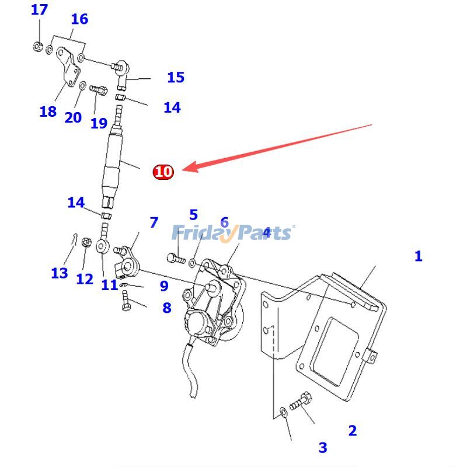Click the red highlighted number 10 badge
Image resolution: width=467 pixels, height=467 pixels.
coord(163,172)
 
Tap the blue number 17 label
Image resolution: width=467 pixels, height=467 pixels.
coord(39,10)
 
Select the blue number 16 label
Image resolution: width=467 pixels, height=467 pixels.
coord(79,19)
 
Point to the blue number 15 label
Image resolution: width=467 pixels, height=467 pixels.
coord(175,77)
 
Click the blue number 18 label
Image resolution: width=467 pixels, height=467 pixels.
coord(48,111)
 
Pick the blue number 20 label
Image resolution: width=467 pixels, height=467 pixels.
coord(73,117)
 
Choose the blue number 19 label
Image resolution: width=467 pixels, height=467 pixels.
coord(99,123)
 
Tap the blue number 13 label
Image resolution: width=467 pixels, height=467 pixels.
coord(59,273)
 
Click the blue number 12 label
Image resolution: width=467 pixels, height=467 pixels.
coord(85,279)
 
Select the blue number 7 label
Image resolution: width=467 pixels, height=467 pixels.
coord(154,222)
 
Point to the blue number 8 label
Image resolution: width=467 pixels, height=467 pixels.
coord(167,308)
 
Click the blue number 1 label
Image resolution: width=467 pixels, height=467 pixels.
coord(418,256)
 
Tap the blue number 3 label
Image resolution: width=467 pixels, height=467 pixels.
coord(323,448)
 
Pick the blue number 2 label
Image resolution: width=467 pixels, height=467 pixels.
coord(352,431)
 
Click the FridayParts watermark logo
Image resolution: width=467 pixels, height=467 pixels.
coord(233,233)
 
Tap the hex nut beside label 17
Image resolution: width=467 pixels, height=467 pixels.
coord(37,46)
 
